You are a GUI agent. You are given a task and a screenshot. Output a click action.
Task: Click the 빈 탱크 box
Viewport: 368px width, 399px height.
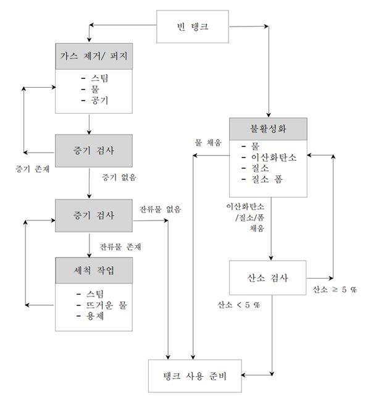(x=193, y=27)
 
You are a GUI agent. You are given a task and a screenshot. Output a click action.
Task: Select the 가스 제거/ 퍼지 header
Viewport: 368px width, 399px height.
(x=94, y=56)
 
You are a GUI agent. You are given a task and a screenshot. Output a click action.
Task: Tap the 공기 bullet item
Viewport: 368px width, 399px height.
(x=94, y=101)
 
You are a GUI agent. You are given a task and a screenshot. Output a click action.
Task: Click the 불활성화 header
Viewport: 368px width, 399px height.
(x=269, y=128)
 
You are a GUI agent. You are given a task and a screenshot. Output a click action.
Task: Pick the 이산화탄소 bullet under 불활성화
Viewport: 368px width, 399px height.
(x=269, y=157)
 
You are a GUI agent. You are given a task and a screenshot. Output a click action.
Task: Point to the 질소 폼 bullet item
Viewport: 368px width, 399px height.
(x=262, y=179)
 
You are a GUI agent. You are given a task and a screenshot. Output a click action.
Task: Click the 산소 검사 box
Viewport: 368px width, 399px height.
(x=268, y=277)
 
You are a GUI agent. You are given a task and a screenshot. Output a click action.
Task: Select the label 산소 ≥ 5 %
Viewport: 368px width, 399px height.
(x=335, y=289)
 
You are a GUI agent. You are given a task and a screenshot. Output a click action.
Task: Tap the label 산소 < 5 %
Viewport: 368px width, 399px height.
(x=238, y=304)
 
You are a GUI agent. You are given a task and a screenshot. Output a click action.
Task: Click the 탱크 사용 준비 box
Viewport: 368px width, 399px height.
(x=195, y=376)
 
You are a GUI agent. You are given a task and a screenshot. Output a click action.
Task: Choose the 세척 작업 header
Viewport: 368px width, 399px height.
(x=94, y=271)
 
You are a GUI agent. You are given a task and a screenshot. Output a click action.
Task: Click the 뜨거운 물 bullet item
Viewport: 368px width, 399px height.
(x=102, y=305)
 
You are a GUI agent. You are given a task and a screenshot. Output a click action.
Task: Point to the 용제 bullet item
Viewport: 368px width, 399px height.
(x=90, y=316)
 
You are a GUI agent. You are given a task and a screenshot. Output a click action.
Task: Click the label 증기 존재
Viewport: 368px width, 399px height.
(x=32, y=169)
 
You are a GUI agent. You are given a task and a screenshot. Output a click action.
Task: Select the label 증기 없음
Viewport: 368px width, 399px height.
(x=119, y=177)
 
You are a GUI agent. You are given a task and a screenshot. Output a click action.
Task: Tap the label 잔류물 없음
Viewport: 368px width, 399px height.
(x=160, y=209)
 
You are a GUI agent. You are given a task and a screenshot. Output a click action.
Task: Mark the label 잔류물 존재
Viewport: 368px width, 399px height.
(x=120, y=246)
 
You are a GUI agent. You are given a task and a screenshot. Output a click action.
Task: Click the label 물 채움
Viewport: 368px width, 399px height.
(x=208, y=143)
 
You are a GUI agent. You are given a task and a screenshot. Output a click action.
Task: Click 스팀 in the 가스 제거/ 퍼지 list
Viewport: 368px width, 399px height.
(x=94, y=78)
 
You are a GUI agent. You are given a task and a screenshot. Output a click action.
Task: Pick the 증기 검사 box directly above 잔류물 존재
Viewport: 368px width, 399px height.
(x=94, y=216)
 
